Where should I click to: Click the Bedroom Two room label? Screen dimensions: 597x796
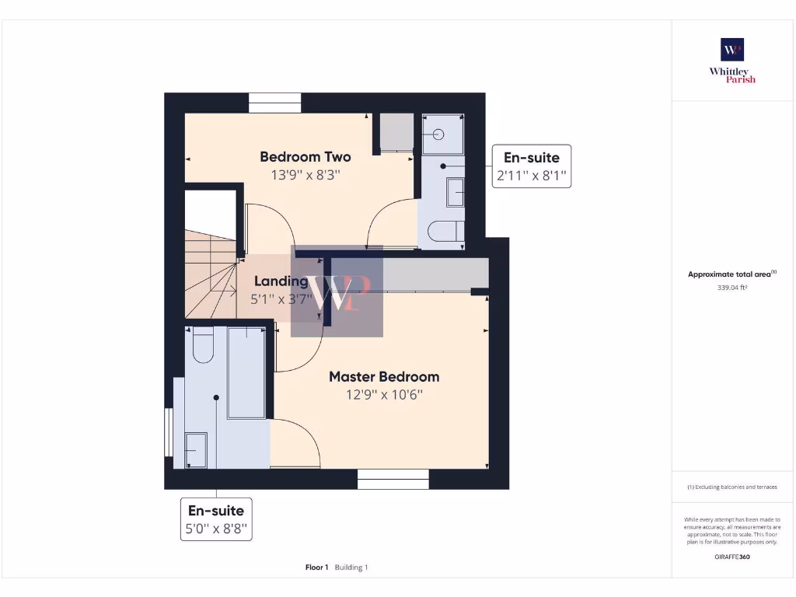point(305,157)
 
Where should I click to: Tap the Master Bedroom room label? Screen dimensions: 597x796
point(384,377)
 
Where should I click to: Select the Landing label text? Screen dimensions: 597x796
point(281,281)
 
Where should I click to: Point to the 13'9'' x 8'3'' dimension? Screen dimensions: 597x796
point(305,176)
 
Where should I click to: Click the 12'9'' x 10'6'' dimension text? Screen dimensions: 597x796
point(384,395)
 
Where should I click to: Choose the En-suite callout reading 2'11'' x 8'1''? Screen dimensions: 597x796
point(532,166)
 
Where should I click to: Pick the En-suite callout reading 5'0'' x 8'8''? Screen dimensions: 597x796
point(216,519)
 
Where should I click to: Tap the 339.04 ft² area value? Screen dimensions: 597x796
point(731,288)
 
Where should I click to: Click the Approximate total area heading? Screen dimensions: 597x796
point(731,274)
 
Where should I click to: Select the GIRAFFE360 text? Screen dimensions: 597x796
point(731,557)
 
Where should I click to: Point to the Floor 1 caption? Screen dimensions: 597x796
point(317,567)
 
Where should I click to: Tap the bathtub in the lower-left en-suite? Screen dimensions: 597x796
point(246,372)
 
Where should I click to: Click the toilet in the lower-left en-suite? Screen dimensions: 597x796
point(202,345)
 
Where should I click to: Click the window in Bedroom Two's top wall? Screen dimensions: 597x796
point(274,103)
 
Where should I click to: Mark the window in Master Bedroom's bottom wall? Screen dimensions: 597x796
point(393,480)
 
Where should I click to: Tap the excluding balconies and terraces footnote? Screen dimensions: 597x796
point(731,487)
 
